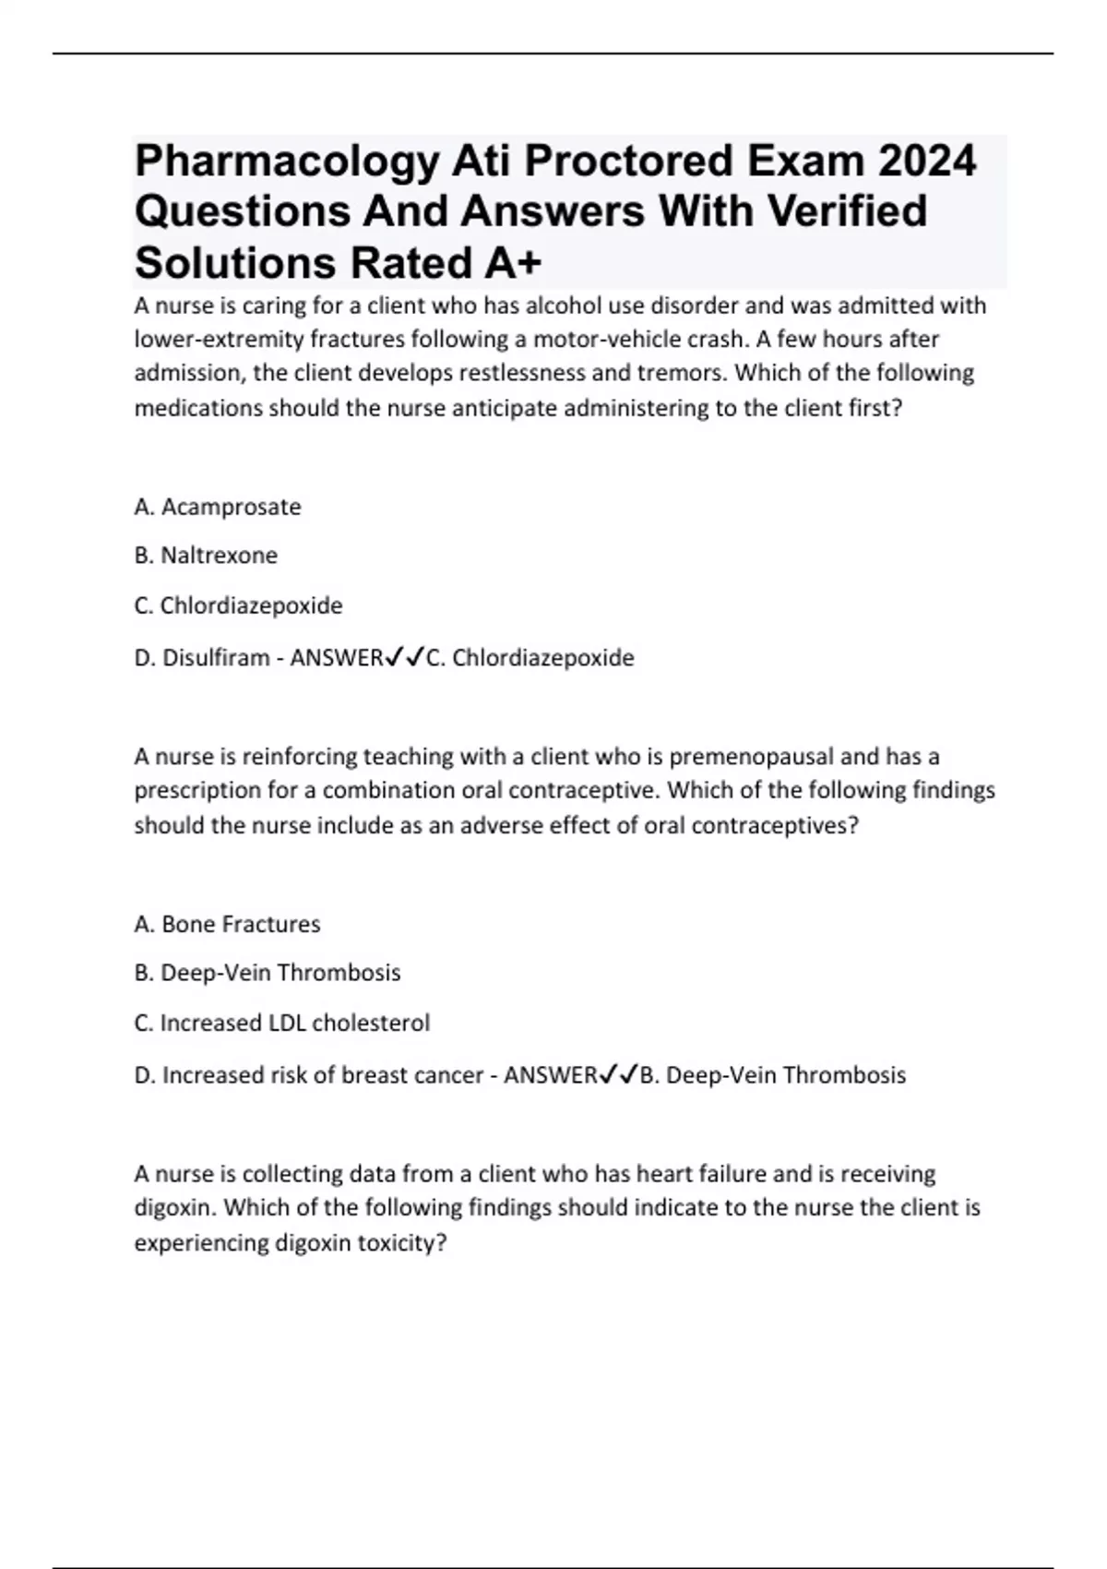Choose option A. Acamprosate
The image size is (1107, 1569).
pos(218,507)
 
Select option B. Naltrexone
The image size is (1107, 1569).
pos(206,556)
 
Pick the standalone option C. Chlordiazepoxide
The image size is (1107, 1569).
pos(238,605)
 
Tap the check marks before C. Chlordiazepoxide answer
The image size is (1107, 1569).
pos(403,657)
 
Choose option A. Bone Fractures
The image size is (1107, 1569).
pos(227,924)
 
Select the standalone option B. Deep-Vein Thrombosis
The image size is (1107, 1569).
pos(268,973)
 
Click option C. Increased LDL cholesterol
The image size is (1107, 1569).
pos(282,1023)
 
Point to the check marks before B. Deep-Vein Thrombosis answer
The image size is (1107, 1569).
pos(618,1074)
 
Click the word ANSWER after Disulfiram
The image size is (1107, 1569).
pos(336,658)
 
